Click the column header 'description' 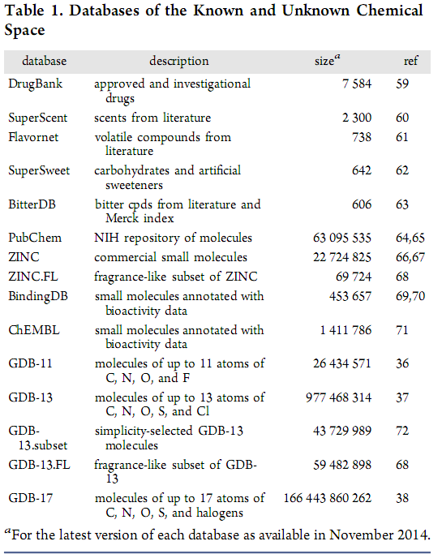coord(178,61)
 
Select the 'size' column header coord(327,61)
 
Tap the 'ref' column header coord(410,61)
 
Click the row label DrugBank coord(36,84)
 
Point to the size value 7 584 coord(357,84)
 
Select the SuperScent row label coord(38,118)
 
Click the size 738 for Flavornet coord(362,137)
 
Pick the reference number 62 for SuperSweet coord(402,170)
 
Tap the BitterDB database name coord(32,204)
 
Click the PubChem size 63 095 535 coord(342,238)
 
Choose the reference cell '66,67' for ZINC coord(410,257)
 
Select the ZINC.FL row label coord(33,277)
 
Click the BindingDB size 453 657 coord(350,296)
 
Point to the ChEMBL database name coord(34,330)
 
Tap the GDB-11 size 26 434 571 coord(342,363)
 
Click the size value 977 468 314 coord(338,397)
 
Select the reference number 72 coord(402,431)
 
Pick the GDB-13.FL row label coord(39,465)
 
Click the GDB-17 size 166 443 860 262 coord(328,498)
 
